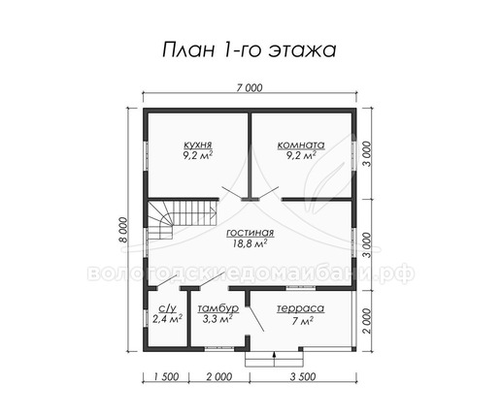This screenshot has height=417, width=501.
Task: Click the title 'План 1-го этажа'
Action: pos(249,50)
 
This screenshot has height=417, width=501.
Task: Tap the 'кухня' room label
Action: pos(198,144)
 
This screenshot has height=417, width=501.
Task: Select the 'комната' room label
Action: pos(301,144)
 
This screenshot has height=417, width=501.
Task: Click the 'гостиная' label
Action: pos(250,233)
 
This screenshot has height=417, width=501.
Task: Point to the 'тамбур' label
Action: pos(218,308)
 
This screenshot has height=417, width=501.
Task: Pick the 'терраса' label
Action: pos(300,308)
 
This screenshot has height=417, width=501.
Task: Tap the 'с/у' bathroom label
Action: pos(168,308)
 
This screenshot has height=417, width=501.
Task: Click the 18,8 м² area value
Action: pos(250,243)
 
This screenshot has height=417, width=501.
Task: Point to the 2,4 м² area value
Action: pos(167,319)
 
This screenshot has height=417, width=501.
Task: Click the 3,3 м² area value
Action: pos(217,319)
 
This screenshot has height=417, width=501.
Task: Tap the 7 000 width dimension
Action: pos(250,87)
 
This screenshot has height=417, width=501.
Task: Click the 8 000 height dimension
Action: pos(125,230)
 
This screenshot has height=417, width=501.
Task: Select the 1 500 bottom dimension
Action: pos(166,376)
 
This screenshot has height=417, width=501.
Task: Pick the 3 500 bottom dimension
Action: pos(303,376)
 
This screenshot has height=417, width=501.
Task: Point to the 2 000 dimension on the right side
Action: pos(366,320)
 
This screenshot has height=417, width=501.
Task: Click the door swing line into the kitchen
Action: pos(232,193)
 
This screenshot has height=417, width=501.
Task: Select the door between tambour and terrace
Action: pos(255,318)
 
